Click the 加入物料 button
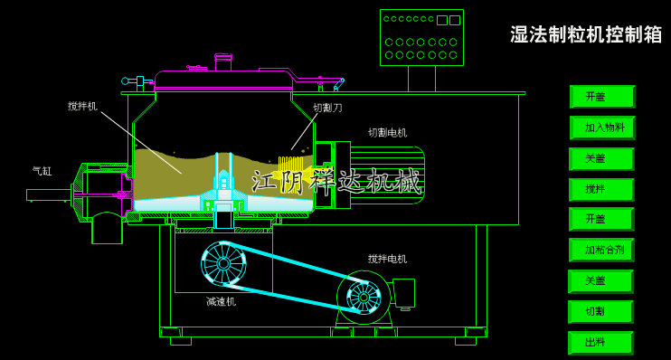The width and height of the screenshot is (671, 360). coord(602,128)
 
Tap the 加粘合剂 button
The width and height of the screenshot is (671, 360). coord(601,250)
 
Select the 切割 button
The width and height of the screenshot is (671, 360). coord(600,311)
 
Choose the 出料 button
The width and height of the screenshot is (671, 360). coord(600,343)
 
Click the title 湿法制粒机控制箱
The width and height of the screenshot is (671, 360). coord(586,34)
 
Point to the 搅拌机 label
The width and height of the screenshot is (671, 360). coord(82,106)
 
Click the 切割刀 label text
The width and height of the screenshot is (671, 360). coord(327,108)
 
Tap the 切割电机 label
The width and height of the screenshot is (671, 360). coord(387,133)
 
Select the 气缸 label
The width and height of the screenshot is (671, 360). coord(42,171)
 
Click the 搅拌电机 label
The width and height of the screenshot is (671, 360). coord(387,259)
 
